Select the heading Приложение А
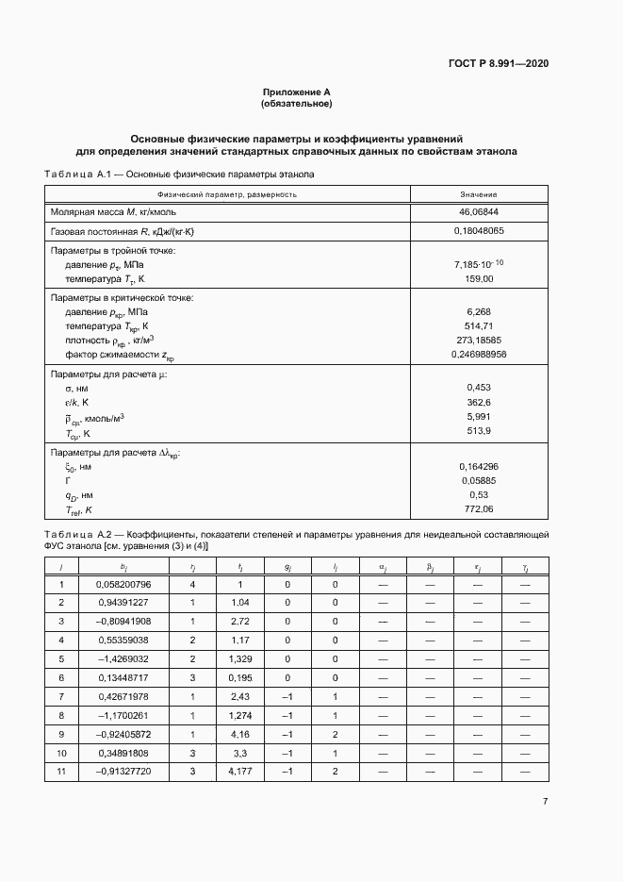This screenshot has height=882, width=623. click(x=297, y=92)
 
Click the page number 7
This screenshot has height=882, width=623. click(x=545, y=801)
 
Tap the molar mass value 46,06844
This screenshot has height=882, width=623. click(x=479, y=212)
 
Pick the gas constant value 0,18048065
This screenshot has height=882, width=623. click(x=479, y=231)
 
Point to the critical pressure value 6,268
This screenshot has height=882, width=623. click(x=479, y=310)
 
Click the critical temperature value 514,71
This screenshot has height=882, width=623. click(x=479, y=325)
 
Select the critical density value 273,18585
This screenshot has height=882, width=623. click(x=479, y=340)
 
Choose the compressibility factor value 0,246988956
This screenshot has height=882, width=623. click(x=479, y=354)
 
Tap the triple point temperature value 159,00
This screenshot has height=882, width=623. click(x=479, y=279)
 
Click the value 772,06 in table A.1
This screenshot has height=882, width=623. click(x=479, y=509)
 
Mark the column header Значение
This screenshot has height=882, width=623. click(x=479, y=193)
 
